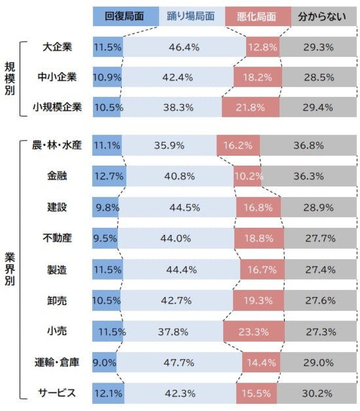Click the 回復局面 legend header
point(124,17)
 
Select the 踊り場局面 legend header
point(191,17)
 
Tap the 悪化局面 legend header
point(258,17)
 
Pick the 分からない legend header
point(322,17)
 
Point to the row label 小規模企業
point(57,108)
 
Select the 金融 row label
point(57,176)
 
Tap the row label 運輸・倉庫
point(57,362)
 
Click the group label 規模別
point(10,77)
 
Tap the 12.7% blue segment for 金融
point(109,176)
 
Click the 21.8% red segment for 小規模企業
point(250,108)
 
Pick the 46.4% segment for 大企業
point(184,47)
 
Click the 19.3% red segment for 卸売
point(258,300)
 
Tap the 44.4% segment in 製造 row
point(181,270)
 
